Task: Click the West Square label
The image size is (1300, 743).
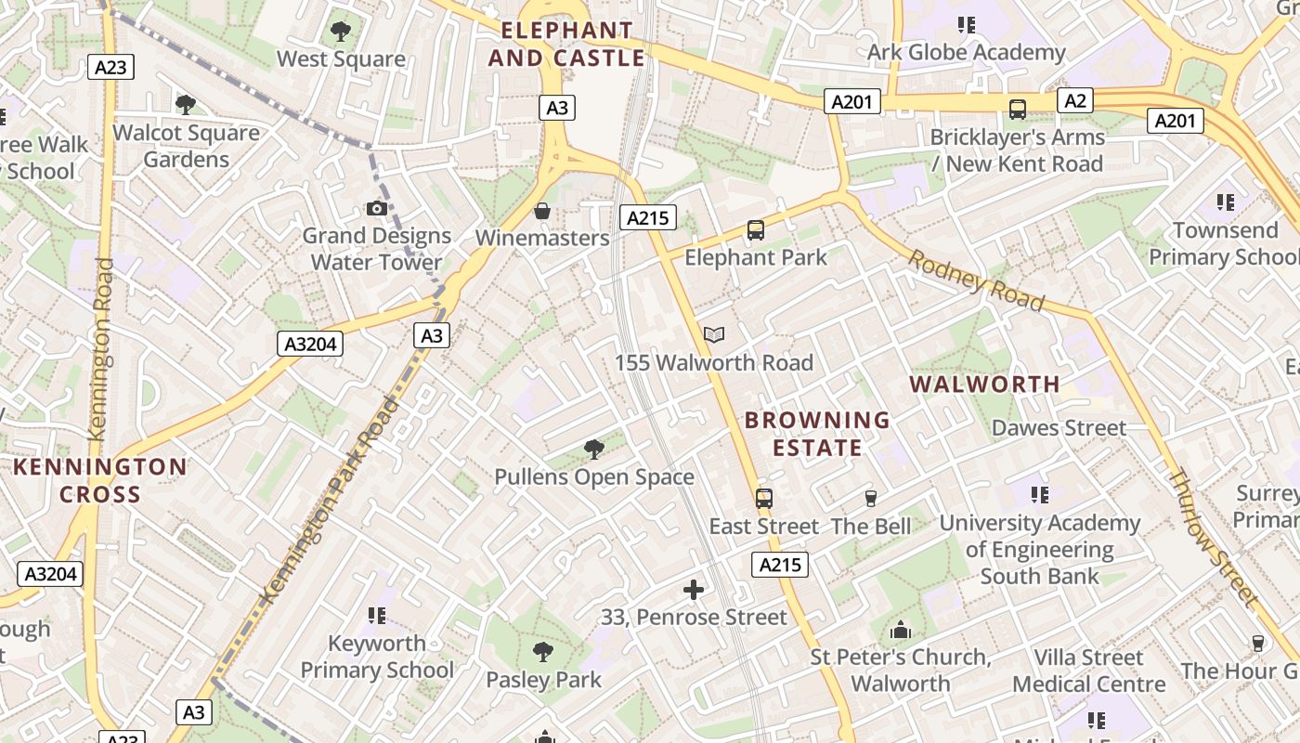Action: (x=341, y=59)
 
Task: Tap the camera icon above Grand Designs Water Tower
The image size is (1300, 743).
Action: (x=376, y=208)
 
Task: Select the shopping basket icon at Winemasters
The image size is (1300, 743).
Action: (x=542, y=212)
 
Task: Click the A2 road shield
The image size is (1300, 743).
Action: (x=1074, y=100)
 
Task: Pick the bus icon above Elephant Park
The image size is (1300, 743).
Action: (x=756, y=230)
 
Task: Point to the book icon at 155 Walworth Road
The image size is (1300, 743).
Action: (x=714, y=335)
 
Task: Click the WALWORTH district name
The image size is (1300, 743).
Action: (x=984, y=384)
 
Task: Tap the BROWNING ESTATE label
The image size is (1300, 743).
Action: (x=817, y=434)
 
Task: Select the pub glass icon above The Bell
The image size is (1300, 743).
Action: (x=870, y=499)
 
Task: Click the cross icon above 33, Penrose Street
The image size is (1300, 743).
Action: (x=693, y=590)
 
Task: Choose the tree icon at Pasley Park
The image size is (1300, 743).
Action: (x=543, y=652)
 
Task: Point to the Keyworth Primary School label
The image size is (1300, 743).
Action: (x=377, y=657)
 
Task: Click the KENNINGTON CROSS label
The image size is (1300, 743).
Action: (x=99, y=480)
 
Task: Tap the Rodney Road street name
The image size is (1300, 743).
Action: (x=976, y=280)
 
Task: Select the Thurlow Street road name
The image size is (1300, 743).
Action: (x=1212, y=540)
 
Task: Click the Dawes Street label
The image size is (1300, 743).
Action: (x=1059, y=428)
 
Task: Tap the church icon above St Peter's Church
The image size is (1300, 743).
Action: (x=900, y=631)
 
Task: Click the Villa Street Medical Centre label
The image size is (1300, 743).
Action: (x=1088, y=671)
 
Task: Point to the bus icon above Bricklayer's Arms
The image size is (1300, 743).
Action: (x=1018, y=110)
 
